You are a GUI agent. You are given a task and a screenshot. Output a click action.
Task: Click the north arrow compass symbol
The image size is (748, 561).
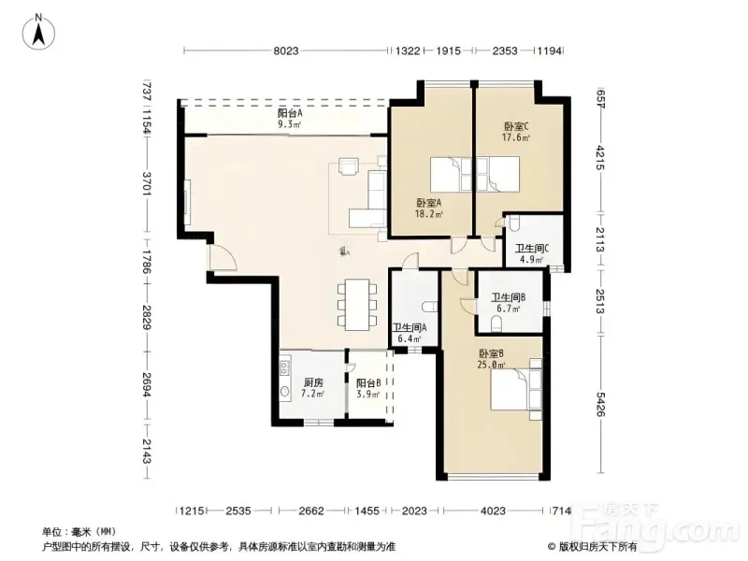(x=38, y=31)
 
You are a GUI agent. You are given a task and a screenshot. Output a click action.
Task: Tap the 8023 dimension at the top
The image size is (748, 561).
(x=286, y=50)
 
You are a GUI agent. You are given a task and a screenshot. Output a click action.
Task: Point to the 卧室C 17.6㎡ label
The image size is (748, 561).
(x=516, y=132)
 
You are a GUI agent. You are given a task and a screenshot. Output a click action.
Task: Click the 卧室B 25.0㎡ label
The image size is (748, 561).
(x=492, y=359)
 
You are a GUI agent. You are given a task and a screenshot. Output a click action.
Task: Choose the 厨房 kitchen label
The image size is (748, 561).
(x=313, y=382)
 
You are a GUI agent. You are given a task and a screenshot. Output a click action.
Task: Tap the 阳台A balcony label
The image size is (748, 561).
(x=290, y=113)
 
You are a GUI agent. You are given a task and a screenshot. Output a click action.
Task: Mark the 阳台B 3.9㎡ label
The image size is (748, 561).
(x=368, y=388)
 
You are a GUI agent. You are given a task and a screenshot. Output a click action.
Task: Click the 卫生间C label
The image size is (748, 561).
(x=532, y=249)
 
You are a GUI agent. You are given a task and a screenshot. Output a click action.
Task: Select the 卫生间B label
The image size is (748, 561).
(x=509, y=297)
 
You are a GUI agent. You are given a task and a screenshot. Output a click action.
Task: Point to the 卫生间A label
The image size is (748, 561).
(x=410, y=328)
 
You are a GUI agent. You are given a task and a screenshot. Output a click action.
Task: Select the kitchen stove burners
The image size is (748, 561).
(x=285, y=367)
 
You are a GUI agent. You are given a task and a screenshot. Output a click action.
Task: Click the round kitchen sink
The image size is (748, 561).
(x=285, y=392)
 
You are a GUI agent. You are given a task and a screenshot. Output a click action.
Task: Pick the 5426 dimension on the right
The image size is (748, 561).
(x=600, y=404)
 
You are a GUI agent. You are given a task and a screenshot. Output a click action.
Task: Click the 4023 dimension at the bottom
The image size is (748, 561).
(x=493, y=511)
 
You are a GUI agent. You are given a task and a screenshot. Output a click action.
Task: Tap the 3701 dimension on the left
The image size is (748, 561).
(x=147, y=183)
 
